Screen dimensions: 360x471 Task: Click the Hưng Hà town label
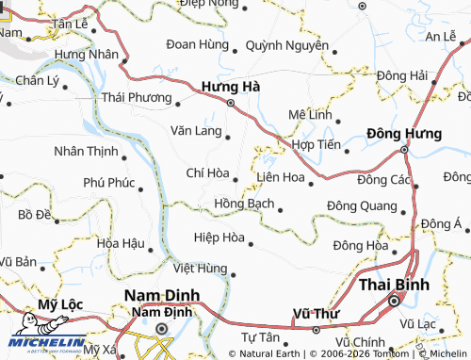[x=231, y=86]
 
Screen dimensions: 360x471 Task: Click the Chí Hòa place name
[x=208, y=172]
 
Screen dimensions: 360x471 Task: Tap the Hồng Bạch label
[x=245, y=203]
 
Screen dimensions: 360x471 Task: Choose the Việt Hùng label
[x=199, y=269]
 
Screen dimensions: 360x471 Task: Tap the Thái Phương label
[x=136, y=96]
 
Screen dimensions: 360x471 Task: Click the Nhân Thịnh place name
[x=86, y=151]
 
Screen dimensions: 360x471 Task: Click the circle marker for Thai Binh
[x=394, y=302]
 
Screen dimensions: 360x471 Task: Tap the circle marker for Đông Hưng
[x=403, y=149]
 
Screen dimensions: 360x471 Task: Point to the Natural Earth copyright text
[x=272, y=354]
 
